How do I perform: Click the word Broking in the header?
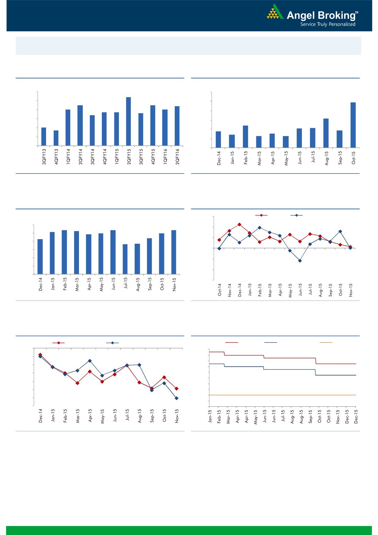(336, 16)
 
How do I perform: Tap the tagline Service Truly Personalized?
(328, 24)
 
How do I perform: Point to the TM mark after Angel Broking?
(357, 13)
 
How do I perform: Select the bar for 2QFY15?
(129, 121)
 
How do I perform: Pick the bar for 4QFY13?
(56, 138)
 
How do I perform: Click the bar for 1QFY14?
(68, 127)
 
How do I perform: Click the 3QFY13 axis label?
(44, 157)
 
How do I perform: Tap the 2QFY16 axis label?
(177, 157)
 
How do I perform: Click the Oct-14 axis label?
(219, 290)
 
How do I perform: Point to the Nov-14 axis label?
(230, 290)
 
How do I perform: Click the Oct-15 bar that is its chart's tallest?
(353, 125)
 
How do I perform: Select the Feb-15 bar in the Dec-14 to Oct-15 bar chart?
(245, 137)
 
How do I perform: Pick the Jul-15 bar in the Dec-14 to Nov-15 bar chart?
(125, 259)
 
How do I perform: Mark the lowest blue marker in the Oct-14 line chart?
(300, 261)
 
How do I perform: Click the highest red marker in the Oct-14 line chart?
(240, 224)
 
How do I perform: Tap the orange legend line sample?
(326, 343)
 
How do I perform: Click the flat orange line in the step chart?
(282, 395)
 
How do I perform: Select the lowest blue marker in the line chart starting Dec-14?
(177, 398)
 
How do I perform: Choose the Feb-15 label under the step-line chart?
(219, 416)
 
